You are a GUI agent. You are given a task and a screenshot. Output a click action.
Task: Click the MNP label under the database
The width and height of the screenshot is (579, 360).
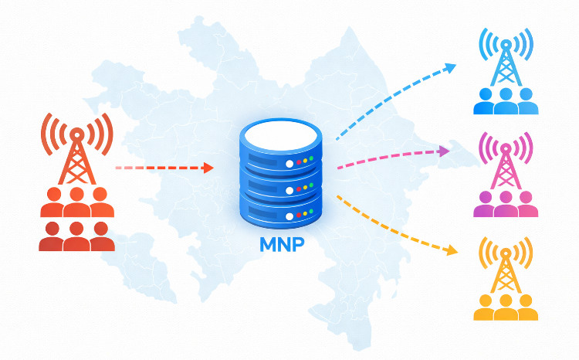[x=282, y=244]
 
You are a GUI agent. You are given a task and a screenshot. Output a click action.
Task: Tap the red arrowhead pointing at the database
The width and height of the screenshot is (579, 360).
[x=208, y=168]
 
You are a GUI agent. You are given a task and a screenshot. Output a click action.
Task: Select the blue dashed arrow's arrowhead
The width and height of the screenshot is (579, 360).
[x=451, y=68]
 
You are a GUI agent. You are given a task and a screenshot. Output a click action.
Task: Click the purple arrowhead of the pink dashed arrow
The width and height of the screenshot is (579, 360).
[x=444, y=151]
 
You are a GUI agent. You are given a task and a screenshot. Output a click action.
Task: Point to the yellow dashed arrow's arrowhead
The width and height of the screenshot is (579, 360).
[x=452, y=250]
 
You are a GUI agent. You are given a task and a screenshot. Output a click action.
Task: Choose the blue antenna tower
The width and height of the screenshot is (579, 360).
[x=506, y=58]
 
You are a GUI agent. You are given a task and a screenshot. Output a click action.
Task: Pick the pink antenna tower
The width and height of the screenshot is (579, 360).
[x=506, y=161]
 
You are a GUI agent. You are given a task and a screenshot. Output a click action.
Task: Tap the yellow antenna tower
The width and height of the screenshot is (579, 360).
[x=506, y=265]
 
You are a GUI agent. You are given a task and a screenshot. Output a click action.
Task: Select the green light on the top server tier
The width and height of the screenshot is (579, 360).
[x=311, y=158]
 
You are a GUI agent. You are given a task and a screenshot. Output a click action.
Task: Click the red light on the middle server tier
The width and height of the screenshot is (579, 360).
[x=299, y=188]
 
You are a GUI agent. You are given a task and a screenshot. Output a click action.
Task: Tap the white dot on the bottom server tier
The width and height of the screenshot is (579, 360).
[x=289, y=216]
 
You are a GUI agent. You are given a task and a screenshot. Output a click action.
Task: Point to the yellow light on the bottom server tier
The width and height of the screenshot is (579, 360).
[x=306, y=214]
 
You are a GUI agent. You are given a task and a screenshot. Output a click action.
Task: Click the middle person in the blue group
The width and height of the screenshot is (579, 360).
[x=506, y=101]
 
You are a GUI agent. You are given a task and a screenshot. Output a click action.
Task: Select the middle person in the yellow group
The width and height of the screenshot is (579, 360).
[x=506, y=307]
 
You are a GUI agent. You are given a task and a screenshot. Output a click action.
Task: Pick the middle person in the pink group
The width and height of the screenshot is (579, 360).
[x=506, y=204]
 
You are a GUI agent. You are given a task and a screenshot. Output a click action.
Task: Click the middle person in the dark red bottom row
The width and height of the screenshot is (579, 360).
[x=76, y=236]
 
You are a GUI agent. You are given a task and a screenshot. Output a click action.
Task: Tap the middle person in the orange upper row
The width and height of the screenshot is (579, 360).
[x=76, y=202]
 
